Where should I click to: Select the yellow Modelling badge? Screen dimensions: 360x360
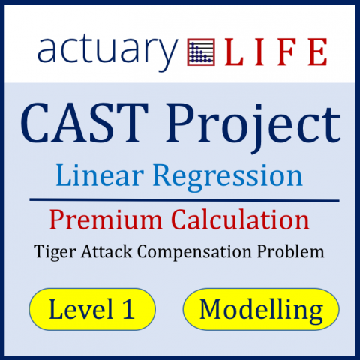262,309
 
